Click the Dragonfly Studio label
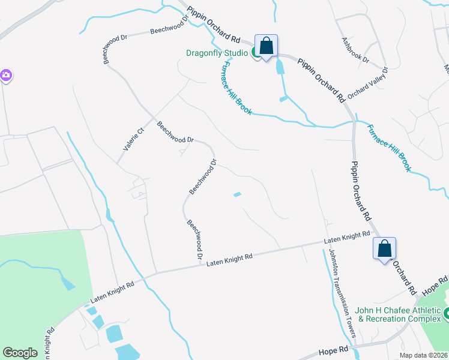point(215,53)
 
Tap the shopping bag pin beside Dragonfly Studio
point(266,46)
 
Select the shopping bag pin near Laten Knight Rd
point(384,248)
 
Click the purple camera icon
point(5,76)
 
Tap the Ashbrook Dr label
point(355,52)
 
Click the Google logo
point(20,353)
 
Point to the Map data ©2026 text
point(423,355)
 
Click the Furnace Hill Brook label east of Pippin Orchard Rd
point(388,148)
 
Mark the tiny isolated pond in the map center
point(237,194)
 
